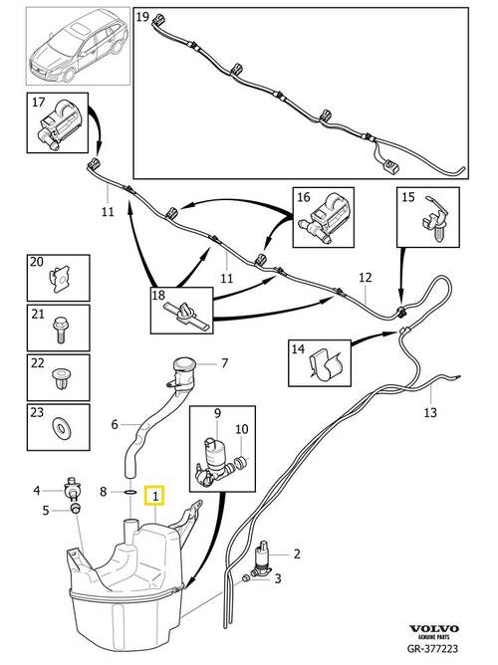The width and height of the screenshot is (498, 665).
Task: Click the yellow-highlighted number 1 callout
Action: (155, 496)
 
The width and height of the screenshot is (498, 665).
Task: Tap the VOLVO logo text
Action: (433, 628)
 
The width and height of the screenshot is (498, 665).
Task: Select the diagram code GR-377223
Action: (432, 648)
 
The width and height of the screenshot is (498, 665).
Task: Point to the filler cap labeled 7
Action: (183, 369)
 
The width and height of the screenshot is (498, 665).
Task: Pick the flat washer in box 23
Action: (63, 427)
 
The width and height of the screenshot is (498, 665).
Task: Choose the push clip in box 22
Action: (60, 379)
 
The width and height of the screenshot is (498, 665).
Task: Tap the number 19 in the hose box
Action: (143, 17)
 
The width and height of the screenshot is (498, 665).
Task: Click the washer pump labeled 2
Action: (263, 558)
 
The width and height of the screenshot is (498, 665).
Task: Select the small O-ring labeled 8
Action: (131, 492)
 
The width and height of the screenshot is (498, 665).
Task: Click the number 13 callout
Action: (429, 412)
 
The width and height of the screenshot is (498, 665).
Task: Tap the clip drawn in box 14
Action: (326, 363)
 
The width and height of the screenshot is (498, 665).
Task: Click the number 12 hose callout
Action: (365, 278)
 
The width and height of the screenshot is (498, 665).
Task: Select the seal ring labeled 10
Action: (241, 461)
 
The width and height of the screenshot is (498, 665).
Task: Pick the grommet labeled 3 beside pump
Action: (245, 578)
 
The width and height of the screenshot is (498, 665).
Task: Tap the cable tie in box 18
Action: (185, 316)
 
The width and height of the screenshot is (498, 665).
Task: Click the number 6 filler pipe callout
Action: (115, 424)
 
